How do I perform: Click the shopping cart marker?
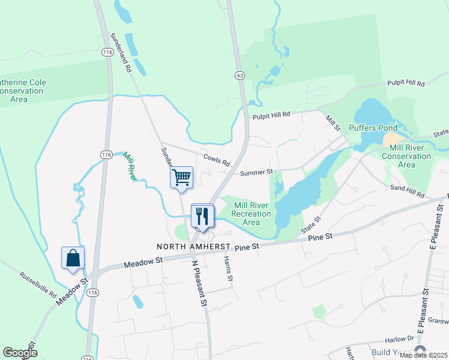pos(181,178)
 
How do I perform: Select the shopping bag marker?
pos(73,258)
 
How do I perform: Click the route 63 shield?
pos(240,75)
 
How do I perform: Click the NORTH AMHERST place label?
pos(194,247)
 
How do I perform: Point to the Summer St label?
pos(256,172)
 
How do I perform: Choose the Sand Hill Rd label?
pos(408,192)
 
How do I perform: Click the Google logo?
pos(20,353)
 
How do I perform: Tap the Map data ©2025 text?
pos(423,355)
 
